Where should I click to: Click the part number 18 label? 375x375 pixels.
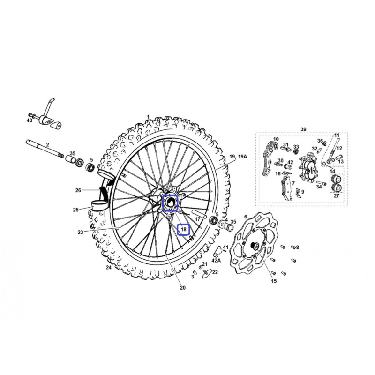pos(183,230)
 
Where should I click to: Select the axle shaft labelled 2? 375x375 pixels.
pos(45,149)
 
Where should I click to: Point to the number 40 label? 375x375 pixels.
pos(29,120)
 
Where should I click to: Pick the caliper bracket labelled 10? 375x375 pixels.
pos(269,159)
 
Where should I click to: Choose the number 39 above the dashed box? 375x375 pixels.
pos(303,129)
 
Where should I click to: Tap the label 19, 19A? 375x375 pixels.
pos(238,157)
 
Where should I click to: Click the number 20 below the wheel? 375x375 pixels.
pos(182,288)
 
